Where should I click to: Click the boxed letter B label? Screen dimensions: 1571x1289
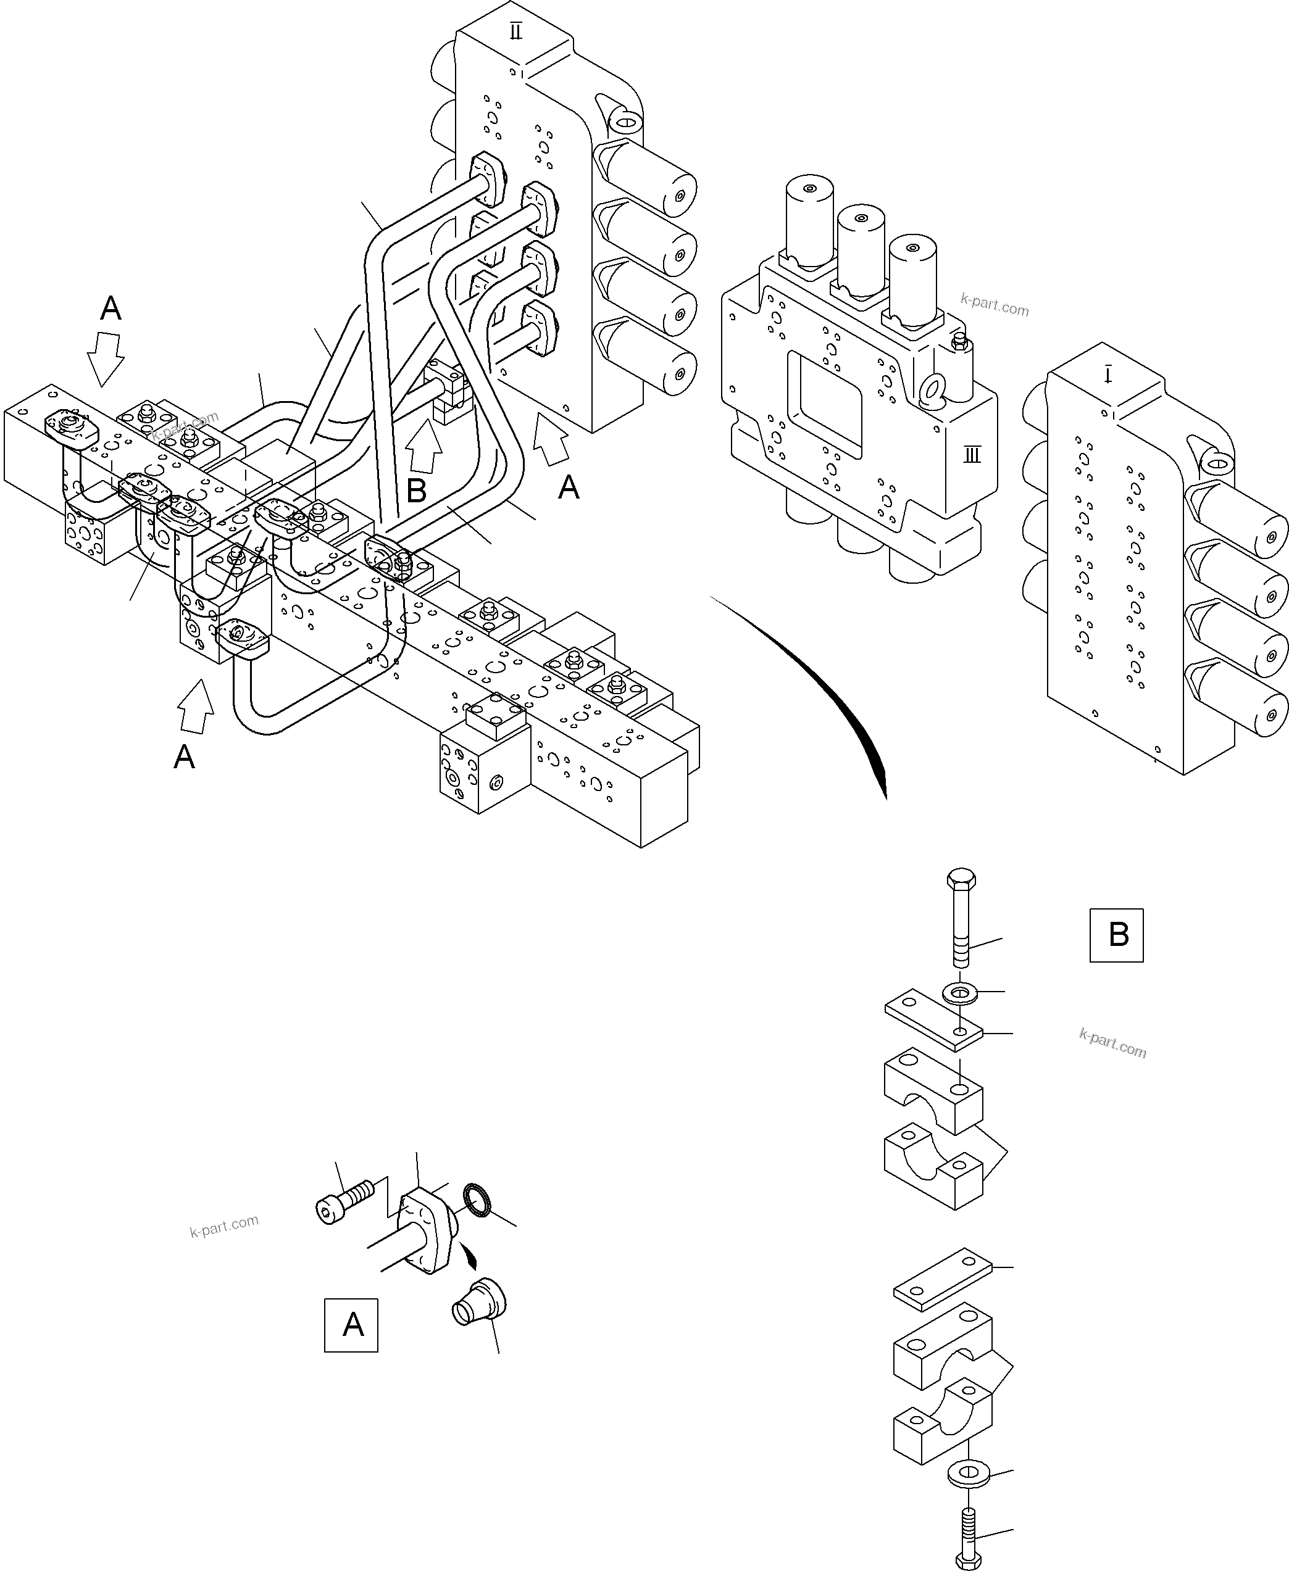pos(1116,935)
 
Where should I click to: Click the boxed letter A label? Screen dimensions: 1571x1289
pos(351,1325)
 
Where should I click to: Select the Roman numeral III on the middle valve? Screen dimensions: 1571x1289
pos(972,455)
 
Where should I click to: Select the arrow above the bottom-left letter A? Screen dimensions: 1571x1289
pos(196,707)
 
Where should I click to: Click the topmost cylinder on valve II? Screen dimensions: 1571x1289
pos(651,179)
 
